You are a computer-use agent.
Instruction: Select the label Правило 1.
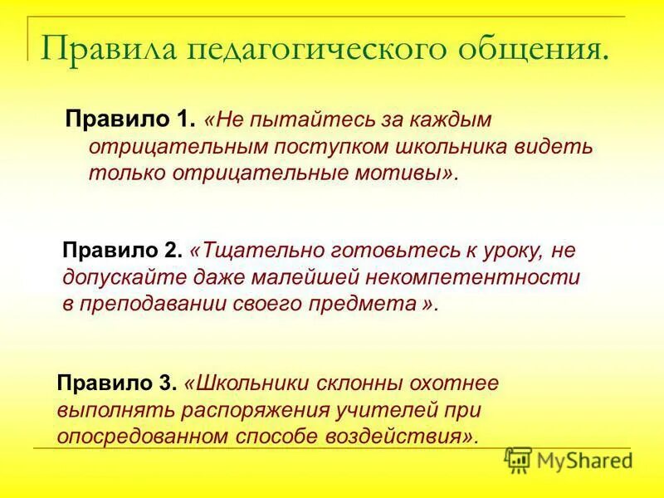[x=130, y=120]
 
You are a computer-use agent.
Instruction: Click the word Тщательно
[x=250, y=249]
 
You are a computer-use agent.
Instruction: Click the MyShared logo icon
[x=518, y=460]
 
